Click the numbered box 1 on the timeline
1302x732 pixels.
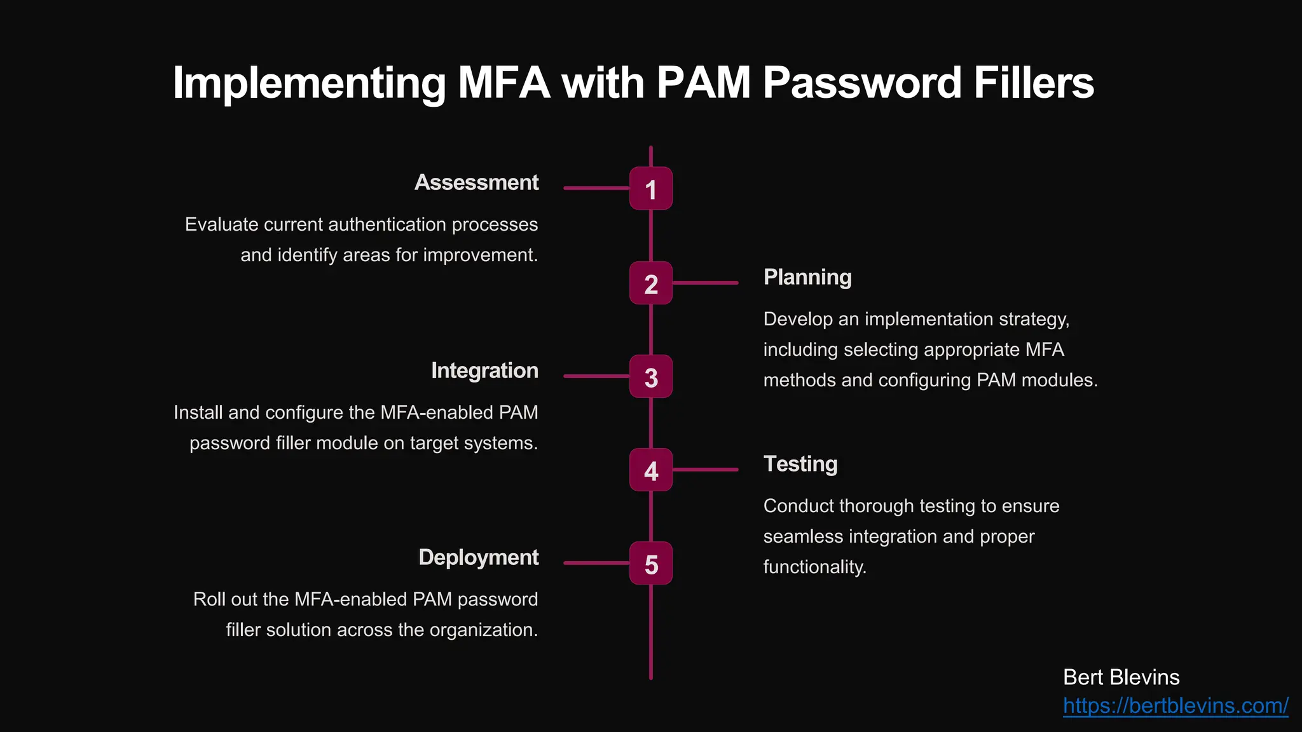point(650,189)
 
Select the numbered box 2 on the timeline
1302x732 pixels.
point(650,283)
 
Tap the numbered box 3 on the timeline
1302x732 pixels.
point(650,376)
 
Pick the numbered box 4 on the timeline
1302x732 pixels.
point(650,470)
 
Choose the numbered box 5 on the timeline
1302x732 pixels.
point(650,563)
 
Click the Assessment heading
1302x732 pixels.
point(476,182)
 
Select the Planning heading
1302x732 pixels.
point(807,277)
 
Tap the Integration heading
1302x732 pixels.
point(484,370)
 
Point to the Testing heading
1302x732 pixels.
point(800,464)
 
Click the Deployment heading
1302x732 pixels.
point(478,557)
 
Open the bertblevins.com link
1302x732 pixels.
point(1175,706)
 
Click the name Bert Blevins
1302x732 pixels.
point(1121,677)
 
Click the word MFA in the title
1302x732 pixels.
point(504,83)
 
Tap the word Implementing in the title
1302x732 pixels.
point(310,83)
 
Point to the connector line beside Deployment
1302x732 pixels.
point(596,563)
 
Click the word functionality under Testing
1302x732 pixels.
point(814,567)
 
